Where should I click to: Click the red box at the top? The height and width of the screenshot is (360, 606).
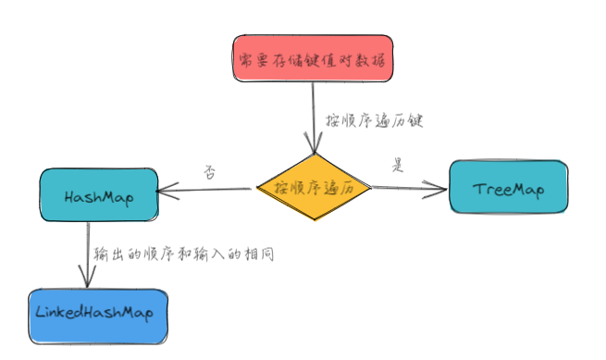(x=312, y=59)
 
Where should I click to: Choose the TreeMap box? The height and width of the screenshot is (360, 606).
(x=506, y=188)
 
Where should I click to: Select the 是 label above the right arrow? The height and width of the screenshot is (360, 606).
(x=399, y=167)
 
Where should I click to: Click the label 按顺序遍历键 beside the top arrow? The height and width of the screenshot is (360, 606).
(x=374, y=120)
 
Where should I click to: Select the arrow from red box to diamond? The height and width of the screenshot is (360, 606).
(x=315, y=116)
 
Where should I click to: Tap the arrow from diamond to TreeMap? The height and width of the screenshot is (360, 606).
(x=407, y=188)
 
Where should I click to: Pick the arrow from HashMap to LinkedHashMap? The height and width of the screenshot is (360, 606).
(x=86, y=254)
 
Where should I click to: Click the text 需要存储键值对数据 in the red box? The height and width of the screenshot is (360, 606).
(x=312, y=60)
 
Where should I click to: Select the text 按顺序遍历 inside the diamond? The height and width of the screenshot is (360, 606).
(x=315, y=188)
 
